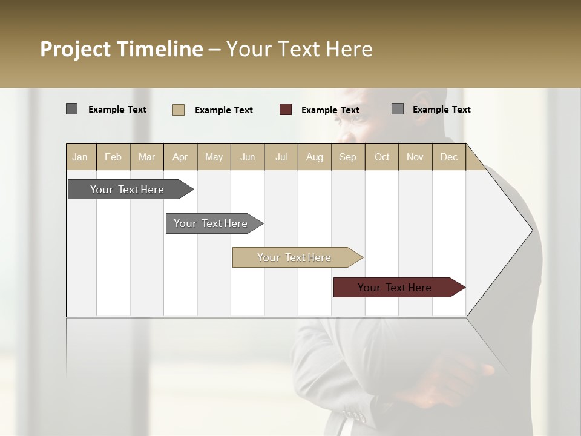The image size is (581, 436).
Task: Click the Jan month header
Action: click(x=80, y=157)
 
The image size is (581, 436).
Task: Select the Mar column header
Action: click(x=146, y=157)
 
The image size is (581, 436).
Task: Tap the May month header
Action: click(x=214, y=157)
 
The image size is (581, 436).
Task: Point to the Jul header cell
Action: click(x=281, y=157)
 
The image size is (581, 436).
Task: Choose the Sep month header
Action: click(x=347, y=157)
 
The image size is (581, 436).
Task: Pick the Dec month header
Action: click(x=448, y=157)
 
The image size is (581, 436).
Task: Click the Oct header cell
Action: click(x=382, y=157)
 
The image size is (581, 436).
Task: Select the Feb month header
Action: click(x=113, y=157)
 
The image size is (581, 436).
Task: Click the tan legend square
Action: click(x=179, y=110)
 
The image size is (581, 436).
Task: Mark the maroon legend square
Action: click(x=286, y=110)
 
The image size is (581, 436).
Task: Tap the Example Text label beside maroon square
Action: click(x=330, y=110)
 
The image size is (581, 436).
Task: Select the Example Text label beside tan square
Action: click(x=223, y=110)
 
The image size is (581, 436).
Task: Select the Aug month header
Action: click(x=314, y=157)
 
